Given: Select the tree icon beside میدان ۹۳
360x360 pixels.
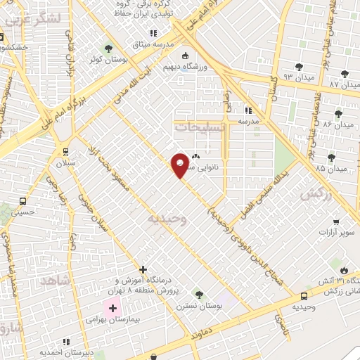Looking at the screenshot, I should tap(299, 66).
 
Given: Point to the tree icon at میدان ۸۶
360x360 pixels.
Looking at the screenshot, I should tap(338, 113).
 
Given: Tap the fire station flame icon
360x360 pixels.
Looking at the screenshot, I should tap(343, 270).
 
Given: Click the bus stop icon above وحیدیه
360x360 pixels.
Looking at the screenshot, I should tap(303, 297).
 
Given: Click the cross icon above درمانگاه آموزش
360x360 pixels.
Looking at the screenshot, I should tap(143, 269).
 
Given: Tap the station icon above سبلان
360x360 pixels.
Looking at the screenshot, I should tap(65, 151).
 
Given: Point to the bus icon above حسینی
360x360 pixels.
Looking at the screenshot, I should tap(23, 200).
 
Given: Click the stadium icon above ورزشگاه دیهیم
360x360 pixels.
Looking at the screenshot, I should tap(185, 57).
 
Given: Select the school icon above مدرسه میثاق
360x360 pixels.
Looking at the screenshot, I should tap(153, 32).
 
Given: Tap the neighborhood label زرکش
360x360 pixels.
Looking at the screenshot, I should tap(314, 194).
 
